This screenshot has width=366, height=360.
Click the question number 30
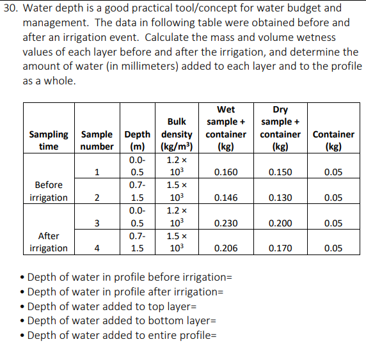coord(11,8)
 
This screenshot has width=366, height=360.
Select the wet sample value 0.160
coord(226,172)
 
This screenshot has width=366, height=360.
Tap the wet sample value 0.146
coord(226,198)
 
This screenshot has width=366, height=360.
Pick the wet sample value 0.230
coord(226,223)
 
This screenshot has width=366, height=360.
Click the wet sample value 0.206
coord(226,248)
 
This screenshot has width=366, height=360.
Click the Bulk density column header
coord(177,134)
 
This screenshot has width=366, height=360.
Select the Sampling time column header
coord(49,140)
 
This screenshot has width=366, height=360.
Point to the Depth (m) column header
coord(138,140)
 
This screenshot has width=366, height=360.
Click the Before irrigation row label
coord(49,191)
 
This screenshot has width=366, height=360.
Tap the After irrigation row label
coord(49,242)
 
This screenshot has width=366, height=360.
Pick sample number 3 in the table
coord(96,223)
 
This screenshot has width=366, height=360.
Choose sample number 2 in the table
coord(96,198)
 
